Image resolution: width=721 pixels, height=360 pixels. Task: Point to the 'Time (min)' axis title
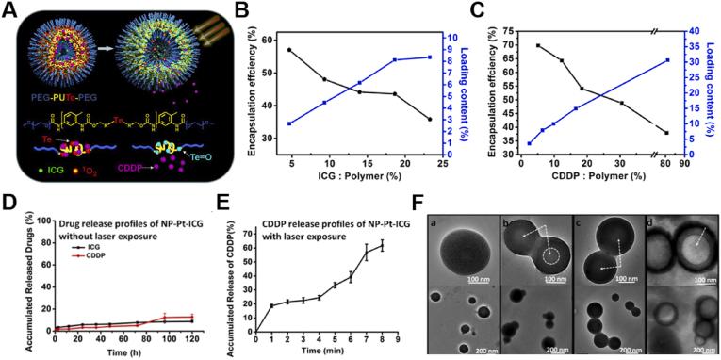[325, 352]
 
